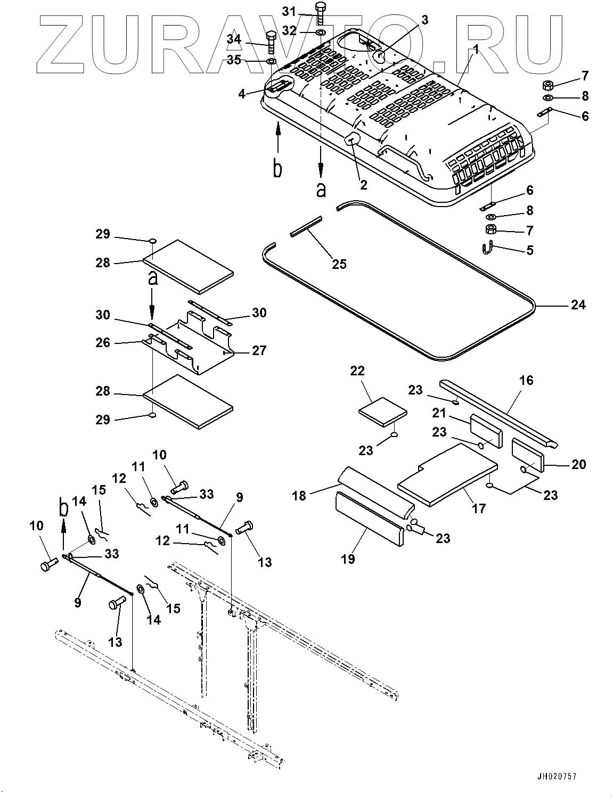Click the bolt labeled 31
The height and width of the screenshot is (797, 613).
[320, 13]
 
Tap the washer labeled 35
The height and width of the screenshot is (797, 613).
[272, 61]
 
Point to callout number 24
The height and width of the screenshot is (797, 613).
[578, 305]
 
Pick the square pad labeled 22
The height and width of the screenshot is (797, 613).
[382, 412]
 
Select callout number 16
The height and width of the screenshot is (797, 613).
[526, 380]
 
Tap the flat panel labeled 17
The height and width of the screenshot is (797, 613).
[447, 475]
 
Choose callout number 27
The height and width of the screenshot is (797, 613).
[259, 351]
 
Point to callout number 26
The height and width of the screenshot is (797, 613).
[103, 342]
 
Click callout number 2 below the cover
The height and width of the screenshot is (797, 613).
[364, 185]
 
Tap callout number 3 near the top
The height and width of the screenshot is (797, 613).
[424, 20]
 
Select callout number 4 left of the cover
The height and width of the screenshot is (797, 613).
[241, 94]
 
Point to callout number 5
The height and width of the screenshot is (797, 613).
[530, 250]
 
